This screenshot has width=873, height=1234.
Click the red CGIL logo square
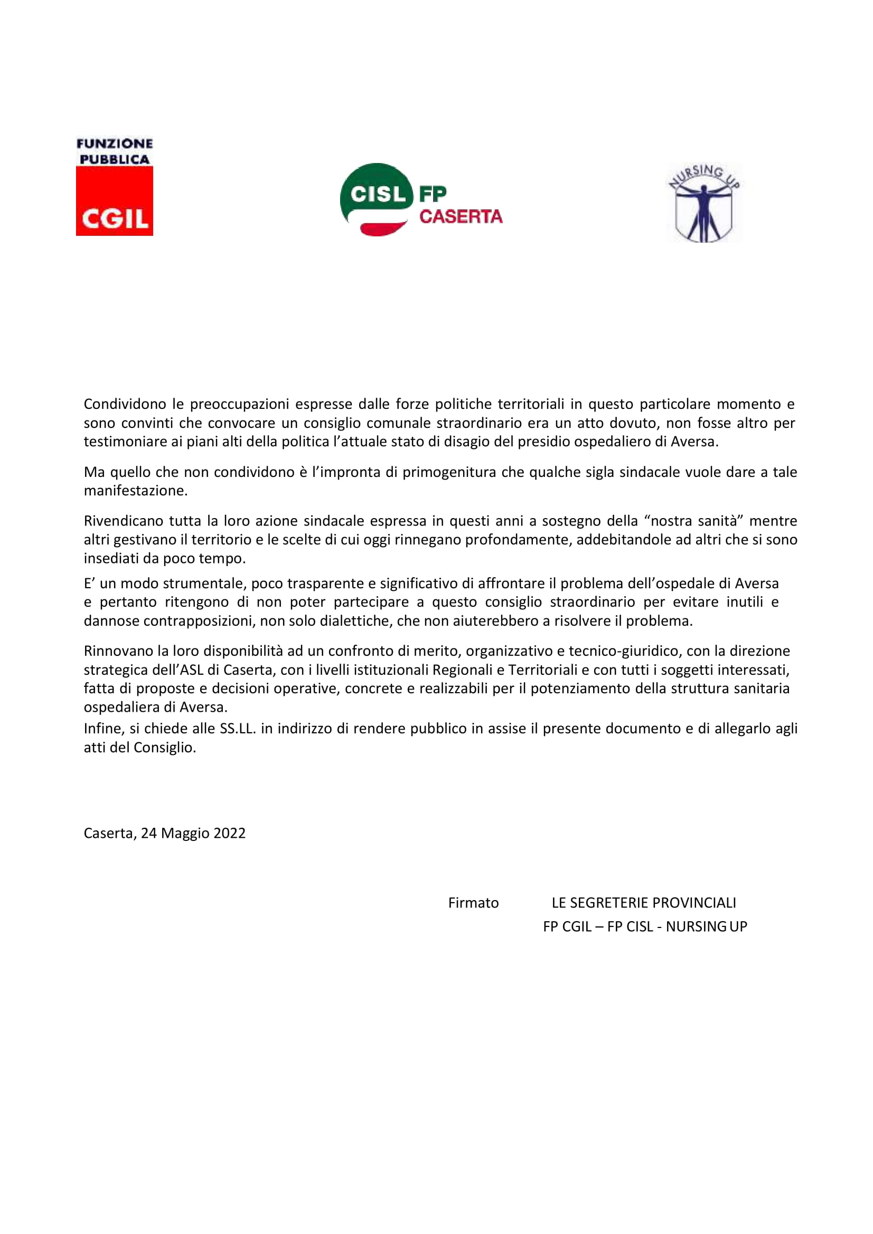115,201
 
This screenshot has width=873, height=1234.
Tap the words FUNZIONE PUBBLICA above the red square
115,151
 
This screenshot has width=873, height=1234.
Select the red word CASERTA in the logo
461,217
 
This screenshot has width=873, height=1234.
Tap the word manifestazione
136,491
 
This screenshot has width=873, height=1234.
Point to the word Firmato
473,903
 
